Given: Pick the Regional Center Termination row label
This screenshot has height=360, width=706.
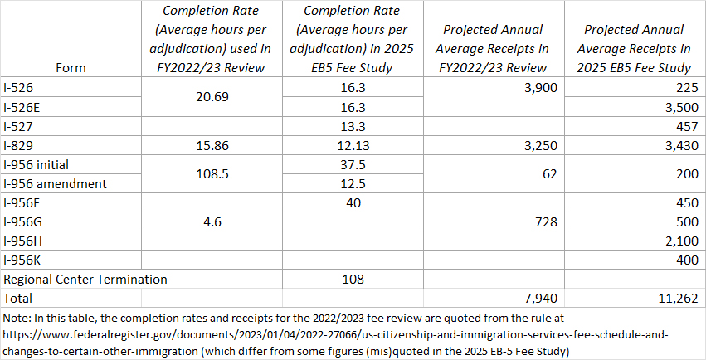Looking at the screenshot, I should [85, 279].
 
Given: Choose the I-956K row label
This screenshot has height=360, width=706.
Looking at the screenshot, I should [22, 260].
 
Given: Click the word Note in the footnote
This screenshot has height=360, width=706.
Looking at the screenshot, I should [17, 317].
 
